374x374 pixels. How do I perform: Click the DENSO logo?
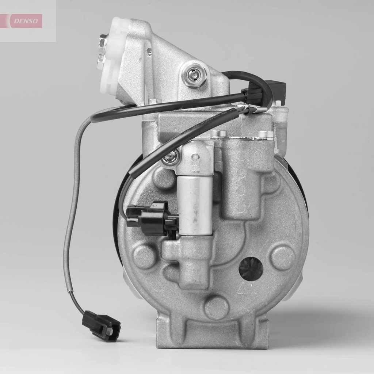tap(26, 21)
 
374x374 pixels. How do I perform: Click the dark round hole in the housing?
tap(251, 269)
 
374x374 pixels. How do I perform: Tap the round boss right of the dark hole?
tap(283, 257)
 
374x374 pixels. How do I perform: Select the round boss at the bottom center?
tap(217, 308)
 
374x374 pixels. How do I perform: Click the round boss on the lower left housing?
tap(145, 256)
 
